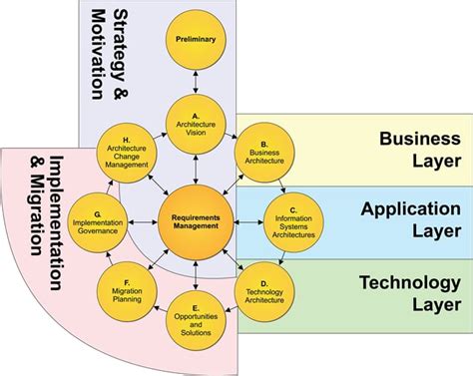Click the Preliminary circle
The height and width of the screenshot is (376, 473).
point(196,39)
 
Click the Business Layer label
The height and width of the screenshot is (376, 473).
point(419,148)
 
